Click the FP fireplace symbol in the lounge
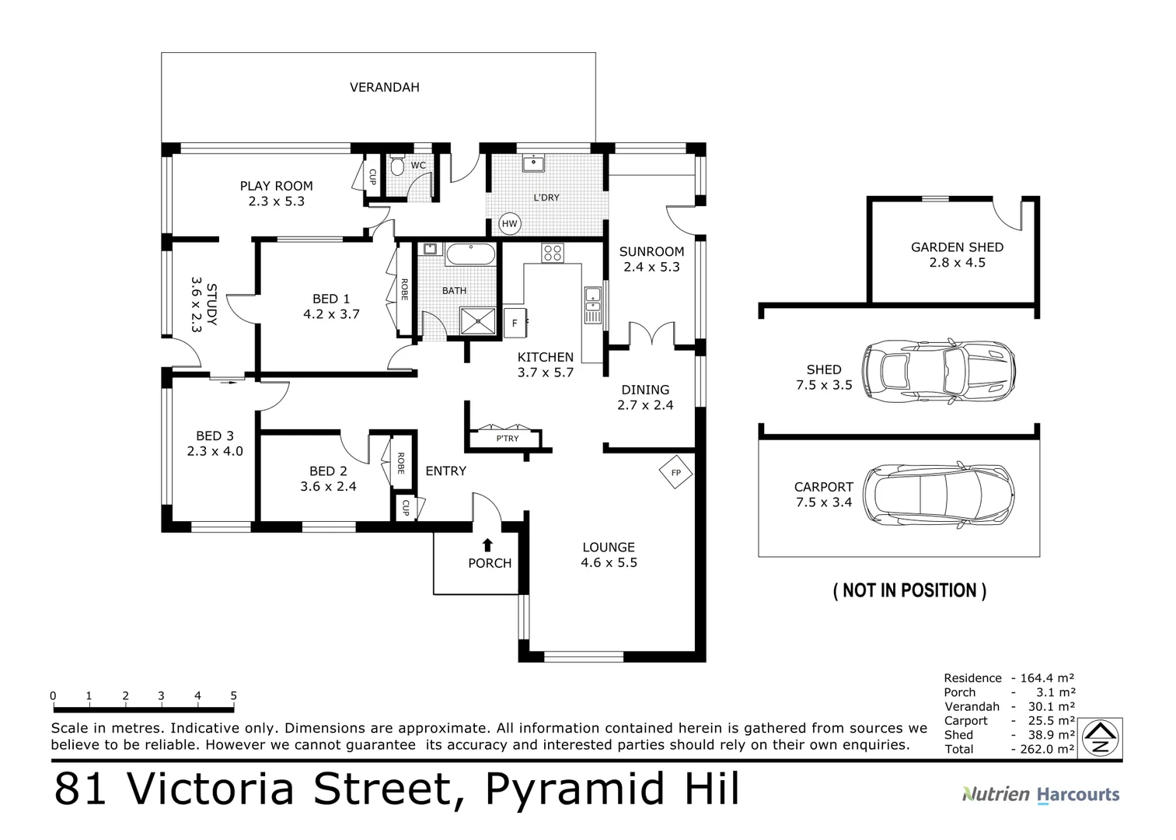675,472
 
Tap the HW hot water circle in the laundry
509,224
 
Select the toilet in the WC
396,165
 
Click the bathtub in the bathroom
469,254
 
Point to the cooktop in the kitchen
553,253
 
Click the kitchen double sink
592,305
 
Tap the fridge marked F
515,322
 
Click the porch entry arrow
487,545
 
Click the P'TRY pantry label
508,439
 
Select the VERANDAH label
384,87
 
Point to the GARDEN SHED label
957,247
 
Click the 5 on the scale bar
233,696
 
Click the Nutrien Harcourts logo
1041,794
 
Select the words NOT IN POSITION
909,590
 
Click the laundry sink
533,163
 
